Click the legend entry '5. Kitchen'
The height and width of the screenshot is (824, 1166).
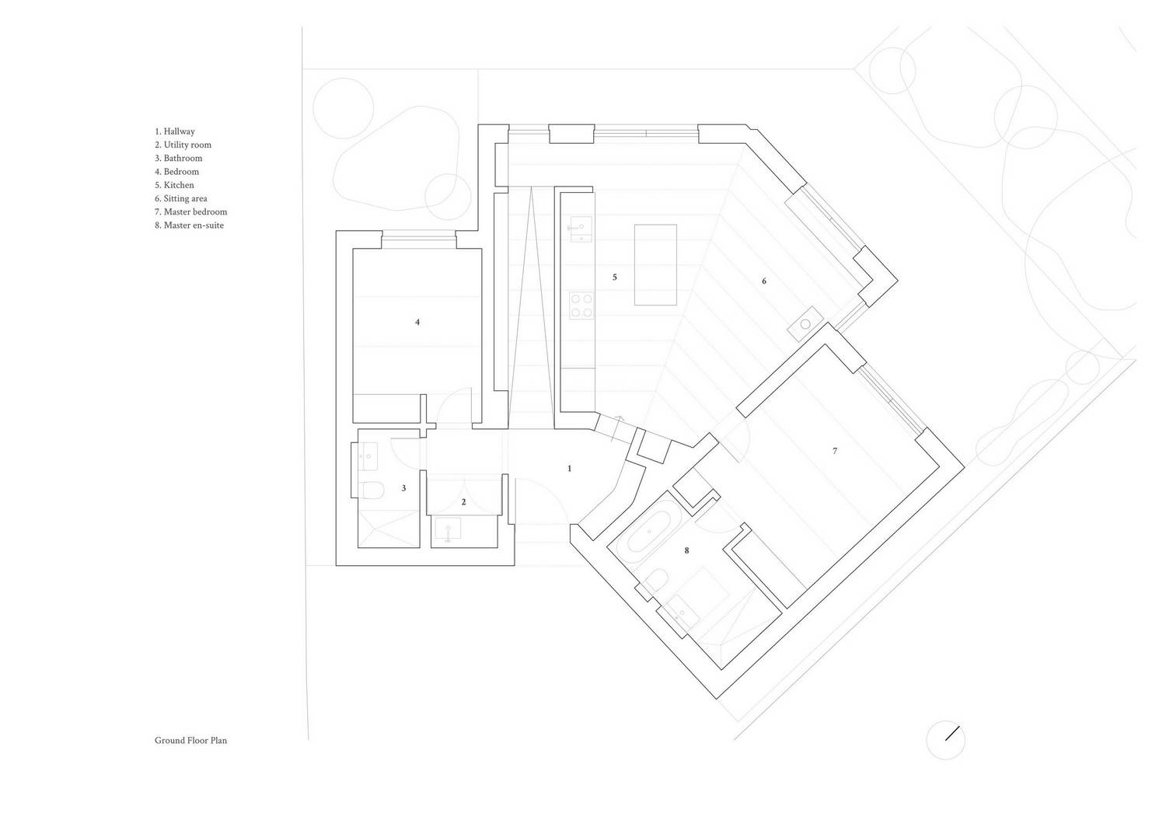[174, 185]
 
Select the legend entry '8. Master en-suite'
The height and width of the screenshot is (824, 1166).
[189, 225]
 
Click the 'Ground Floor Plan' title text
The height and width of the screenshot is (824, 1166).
[190, 740]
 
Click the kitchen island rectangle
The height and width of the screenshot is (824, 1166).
[655, 265]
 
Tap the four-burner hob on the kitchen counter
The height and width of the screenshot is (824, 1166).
[581, 306]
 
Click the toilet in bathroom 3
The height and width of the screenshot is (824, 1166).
[372, 490]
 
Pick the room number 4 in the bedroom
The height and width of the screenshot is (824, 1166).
[417, 322]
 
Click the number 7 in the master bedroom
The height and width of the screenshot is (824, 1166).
[834, 451]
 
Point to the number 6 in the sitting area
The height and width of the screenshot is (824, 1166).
[763, 281]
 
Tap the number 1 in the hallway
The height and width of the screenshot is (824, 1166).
[569, 469]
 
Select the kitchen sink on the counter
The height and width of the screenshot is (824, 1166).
[581, 229]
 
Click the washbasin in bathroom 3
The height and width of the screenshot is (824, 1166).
[368, 456]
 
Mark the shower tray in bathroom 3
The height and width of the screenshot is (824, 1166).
[389, 529]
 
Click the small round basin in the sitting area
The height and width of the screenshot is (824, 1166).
[805, 324]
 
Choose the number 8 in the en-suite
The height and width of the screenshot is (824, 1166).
[686, 550]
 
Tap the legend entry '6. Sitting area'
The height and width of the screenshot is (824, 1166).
[180, 198]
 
